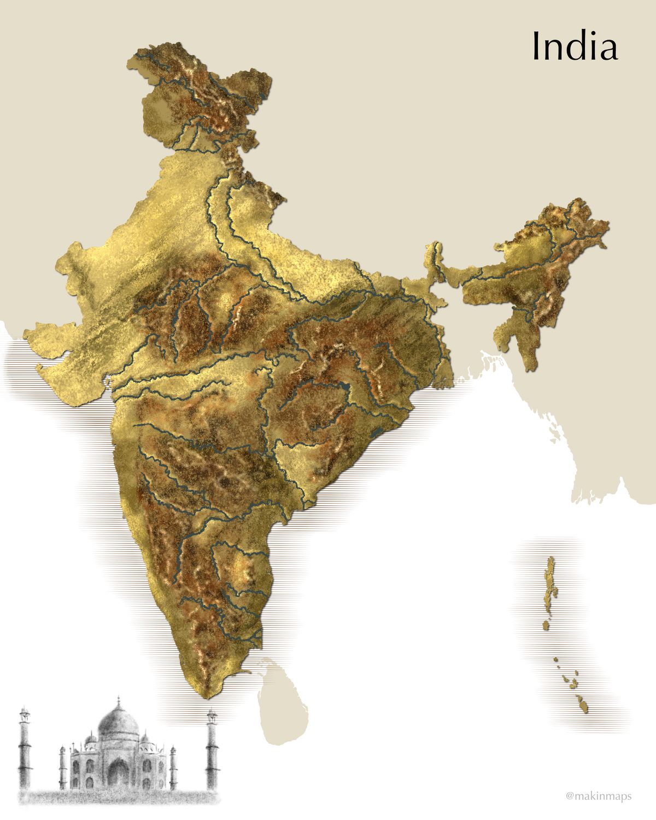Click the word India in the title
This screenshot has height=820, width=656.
pyautogui.click(x=575, y=47)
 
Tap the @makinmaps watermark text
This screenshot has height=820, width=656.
pyautogui.click(x=599, y=796)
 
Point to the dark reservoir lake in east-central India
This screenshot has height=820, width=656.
pyautogui.click(x=343, y=389)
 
